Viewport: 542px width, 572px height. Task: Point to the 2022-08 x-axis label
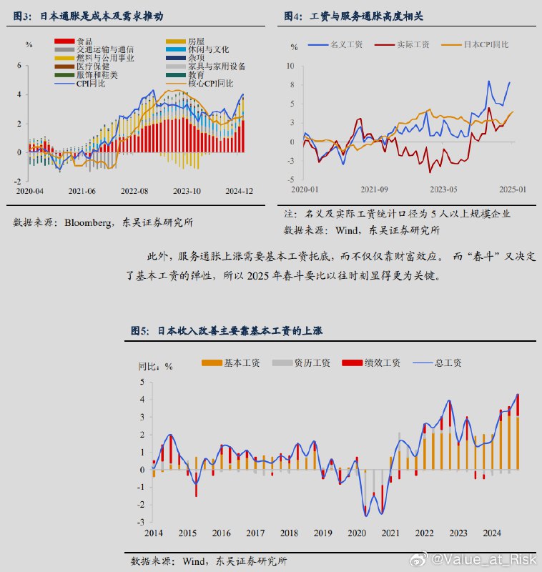[x=134, y=191]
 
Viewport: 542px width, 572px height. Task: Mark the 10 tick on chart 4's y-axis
[x=290, y=66]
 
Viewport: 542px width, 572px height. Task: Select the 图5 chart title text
[x=226, y=330]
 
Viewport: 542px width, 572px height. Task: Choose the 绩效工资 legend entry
[x=382, y=363]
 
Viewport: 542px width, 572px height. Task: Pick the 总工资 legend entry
[x=448, y=363]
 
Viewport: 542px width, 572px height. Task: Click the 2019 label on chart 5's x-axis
[x=322, y=533]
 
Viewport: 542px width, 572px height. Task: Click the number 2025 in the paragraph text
[x=265, y=276]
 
